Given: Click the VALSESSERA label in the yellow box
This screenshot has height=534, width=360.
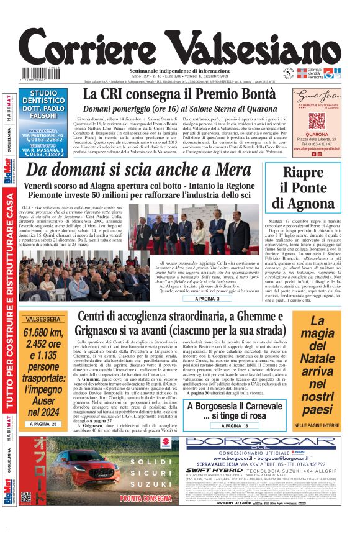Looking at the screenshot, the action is click(42, 320).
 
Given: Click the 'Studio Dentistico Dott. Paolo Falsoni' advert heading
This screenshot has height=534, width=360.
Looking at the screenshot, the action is click(43, 107).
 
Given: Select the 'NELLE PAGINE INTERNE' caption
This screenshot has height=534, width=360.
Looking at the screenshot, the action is click(317, 425).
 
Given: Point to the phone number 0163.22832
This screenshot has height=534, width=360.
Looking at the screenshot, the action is click(45, 139).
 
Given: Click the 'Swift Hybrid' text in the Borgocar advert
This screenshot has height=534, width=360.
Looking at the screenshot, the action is click(227, 472).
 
